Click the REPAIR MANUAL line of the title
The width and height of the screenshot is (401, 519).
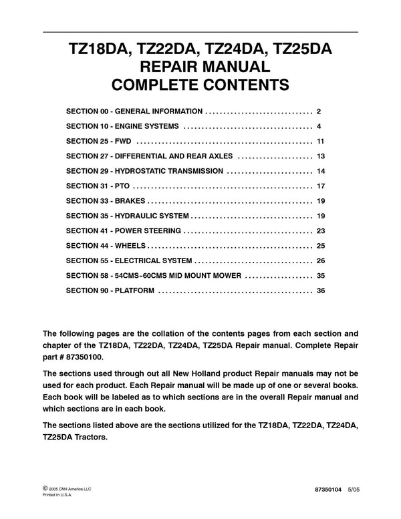(200, 67)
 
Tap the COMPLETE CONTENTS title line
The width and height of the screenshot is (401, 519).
(200, 85)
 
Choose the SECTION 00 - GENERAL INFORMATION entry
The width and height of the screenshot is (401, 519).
(135, 111)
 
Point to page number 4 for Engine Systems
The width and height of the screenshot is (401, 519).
(320, 126)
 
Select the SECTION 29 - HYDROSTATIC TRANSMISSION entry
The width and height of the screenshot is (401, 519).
(145, 171)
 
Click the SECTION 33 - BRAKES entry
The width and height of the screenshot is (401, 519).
(106, 200)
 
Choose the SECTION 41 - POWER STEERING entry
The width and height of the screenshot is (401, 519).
(124, 230)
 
